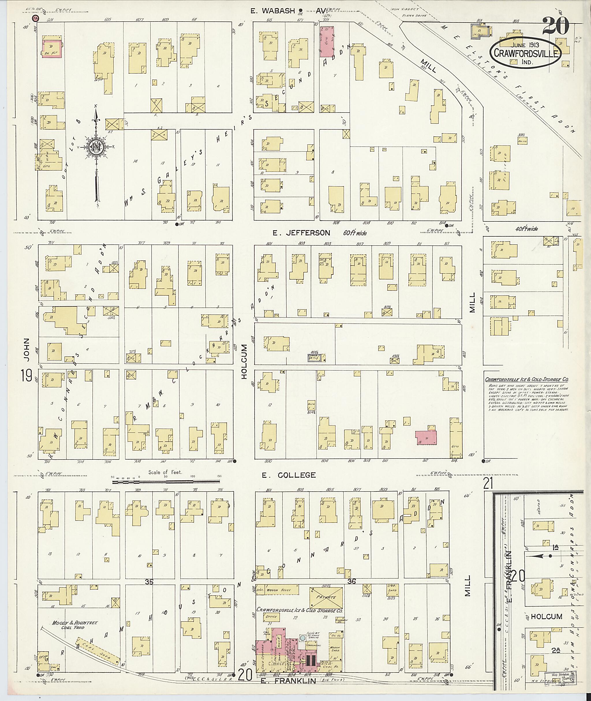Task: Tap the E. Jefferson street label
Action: pos(301,233)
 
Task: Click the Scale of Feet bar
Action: pos(166,482)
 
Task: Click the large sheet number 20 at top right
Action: pos(556,26)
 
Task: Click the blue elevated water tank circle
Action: pos(302,638)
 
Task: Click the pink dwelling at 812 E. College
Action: pos(426,438)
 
